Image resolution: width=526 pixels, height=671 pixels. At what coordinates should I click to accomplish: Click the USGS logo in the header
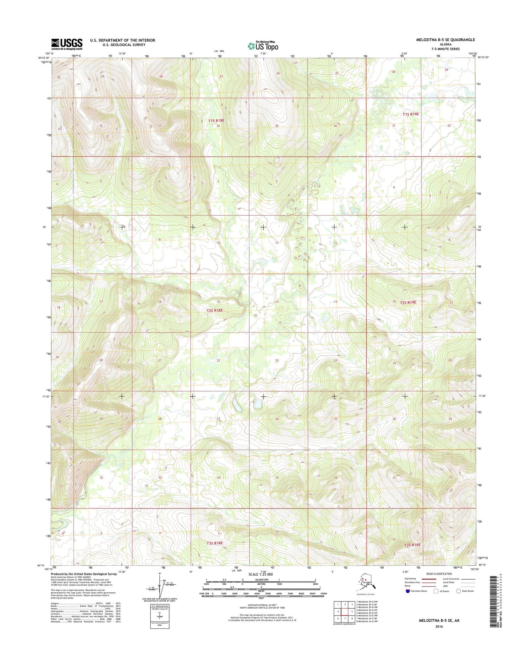tap(67, 44)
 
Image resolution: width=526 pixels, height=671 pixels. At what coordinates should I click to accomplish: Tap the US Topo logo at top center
tap(263, 46)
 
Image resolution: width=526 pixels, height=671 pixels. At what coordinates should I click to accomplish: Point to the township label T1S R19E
tap(411, 114)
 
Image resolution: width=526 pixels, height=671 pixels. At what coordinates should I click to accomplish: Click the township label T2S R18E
tap(214, 310)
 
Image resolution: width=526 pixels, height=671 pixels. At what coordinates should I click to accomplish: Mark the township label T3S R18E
tap(214, 543)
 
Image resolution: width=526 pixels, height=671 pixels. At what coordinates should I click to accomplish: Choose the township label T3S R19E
tap(412, 545)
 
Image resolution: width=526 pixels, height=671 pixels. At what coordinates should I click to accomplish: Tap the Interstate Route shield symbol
tap(407, 591)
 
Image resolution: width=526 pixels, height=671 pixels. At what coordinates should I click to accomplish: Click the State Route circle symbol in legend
tap(458, 591)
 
